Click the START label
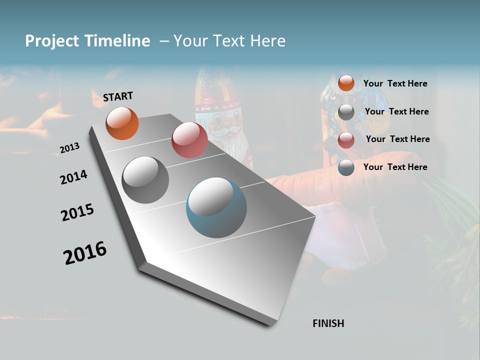[118, 96]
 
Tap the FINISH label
[328, 323]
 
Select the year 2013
[70, 148]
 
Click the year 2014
[74, 177]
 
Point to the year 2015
[77, 212]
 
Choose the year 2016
[85, 252]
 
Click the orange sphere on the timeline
[122, 123]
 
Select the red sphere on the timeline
[189, 140]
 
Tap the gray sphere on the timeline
[145, 180]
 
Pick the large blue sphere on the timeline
[216, 207]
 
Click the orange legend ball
[346, 83]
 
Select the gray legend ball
[346, 112]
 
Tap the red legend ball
[346, 140]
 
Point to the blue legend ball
[346, 167]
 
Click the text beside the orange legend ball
[395, 83]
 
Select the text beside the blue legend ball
[395, 167]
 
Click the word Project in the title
[52, 41]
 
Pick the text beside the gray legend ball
[396, 111]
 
